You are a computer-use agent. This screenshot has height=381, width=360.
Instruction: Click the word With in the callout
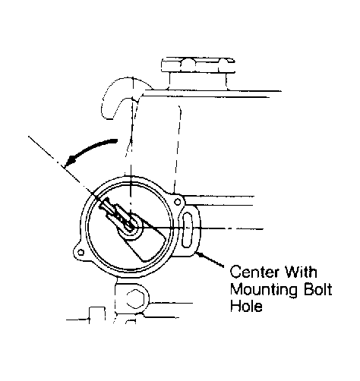pos(301,272)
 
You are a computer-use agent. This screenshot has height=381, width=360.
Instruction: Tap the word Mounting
pos(264,290)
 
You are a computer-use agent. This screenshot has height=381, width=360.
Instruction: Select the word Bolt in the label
pos(317,289)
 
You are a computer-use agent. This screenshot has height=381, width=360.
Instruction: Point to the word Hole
pos(246,306)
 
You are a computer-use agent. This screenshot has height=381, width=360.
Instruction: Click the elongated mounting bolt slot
pos(188,230)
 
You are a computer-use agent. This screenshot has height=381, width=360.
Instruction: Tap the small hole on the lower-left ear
pos(81,252)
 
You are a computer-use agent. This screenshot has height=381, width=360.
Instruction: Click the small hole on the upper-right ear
pos(178,202)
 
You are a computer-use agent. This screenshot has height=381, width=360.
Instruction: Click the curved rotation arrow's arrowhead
pos(70,162)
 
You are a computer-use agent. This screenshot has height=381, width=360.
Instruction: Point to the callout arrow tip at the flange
pos(197,253)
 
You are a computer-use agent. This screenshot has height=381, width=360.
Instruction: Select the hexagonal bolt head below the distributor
pos(135,299)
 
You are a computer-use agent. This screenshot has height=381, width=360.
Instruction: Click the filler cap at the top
pos(198,65)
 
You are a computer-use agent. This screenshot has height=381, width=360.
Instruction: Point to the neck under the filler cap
pos(198,81)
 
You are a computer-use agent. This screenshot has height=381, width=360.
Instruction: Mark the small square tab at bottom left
pos(97,315)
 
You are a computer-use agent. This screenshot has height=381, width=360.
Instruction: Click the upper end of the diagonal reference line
pos(29,137)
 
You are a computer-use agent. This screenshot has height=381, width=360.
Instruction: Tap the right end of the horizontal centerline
pos(264,229)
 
